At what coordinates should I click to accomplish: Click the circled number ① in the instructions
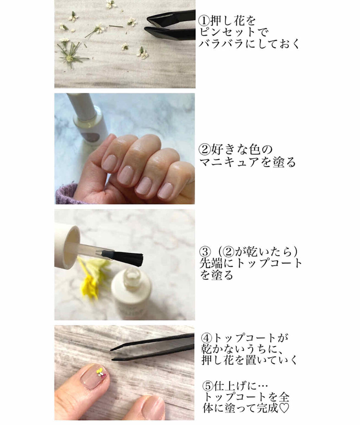204,20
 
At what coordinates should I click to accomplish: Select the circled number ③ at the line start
205,252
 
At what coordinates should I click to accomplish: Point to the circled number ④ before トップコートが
207,338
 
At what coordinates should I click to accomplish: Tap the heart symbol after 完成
284,408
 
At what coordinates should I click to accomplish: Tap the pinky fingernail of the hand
166,191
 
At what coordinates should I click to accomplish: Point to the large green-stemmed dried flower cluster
71,54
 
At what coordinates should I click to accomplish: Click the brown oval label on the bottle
90,137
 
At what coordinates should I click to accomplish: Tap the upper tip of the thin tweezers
111,349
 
